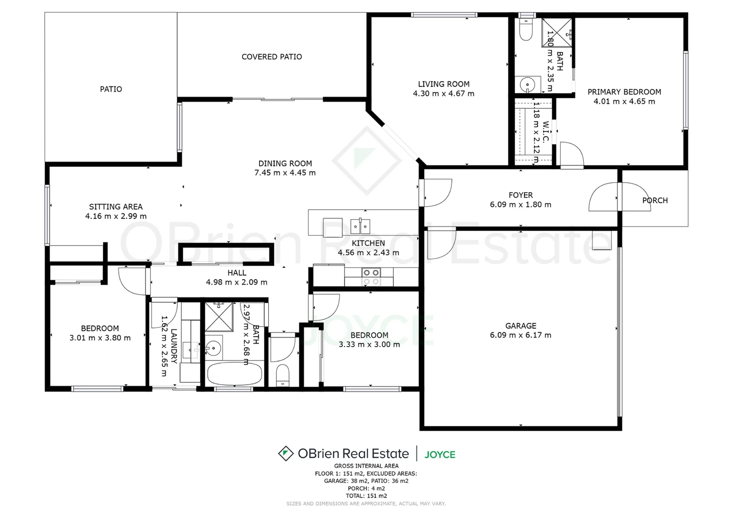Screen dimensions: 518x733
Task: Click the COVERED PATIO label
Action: click(x=272, y=57)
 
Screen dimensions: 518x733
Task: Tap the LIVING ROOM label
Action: click(x=444, y=84)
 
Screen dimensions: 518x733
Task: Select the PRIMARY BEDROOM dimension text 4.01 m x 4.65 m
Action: click(x=624, y=101)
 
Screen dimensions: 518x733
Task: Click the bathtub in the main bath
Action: click(x=235, y=374)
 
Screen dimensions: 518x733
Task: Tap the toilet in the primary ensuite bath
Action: click(x=526, y=30)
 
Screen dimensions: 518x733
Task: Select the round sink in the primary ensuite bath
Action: click(x=527, y=84)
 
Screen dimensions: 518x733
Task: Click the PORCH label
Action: click(x=655, y=200)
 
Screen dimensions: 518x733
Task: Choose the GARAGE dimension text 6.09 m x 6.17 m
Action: click(x=520, y=335)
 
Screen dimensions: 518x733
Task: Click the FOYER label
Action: click(x=520, y=195)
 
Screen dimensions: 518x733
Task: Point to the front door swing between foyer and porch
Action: click(x=603, y=197)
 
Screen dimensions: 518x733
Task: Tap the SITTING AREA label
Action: click(x=116, y=207)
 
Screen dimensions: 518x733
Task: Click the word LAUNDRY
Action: click(x=174, y=346)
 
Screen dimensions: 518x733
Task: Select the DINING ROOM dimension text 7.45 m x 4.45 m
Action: click(x=285, y=173)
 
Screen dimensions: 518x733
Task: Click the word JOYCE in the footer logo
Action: click(x=440, y=454)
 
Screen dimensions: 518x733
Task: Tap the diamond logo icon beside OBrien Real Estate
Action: click(x=286, y=453)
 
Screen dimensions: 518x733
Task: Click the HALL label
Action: click(x=237, y=273)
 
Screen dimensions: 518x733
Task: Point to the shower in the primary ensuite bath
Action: click(x=557, y=33)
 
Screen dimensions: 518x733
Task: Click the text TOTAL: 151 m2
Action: click(x=366, y=496)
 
